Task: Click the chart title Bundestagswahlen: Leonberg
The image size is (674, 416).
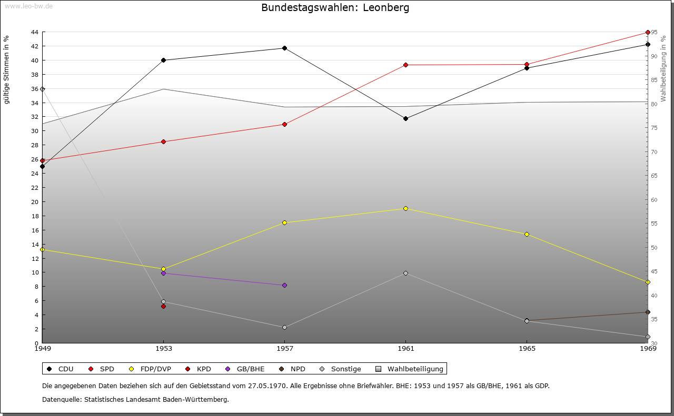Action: point(335,8)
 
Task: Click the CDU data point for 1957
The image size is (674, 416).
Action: point(284,48)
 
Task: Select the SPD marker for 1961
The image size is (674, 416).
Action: point(405,65)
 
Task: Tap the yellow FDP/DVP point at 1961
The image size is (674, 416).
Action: point(405,209)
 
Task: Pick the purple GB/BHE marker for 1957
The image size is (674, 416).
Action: point(284,286)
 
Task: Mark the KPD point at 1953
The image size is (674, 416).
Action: point(163,306)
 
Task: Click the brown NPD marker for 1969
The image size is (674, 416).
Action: point(648,312)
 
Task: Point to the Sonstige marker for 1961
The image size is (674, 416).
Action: point(405,273)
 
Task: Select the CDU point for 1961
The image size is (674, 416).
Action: point(405,119)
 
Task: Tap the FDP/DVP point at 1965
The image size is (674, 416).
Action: point(527,235)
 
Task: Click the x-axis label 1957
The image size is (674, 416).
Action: point(284,348)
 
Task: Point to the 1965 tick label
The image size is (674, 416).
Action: point(527,348)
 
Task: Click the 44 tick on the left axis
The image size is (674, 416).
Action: point(34,32)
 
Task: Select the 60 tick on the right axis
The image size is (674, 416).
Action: point(655,200)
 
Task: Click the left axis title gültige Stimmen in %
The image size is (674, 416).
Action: point(7,70)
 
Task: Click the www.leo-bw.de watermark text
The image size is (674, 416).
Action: point(27,6)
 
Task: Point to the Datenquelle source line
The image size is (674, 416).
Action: point(135,400)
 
